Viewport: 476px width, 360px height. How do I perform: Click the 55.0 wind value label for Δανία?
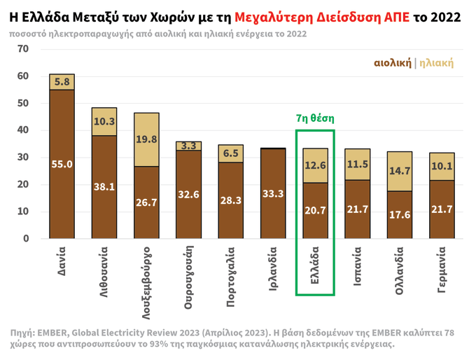pos(62,164)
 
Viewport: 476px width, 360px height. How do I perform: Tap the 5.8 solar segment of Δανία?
pos(62,82)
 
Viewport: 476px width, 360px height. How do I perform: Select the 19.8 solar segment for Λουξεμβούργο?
pos(146,139)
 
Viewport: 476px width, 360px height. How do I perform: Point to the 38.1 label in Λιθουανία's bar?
pos(104,187)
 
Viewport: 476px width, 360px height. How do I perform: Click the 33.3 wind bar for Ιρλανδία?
pos(273,194)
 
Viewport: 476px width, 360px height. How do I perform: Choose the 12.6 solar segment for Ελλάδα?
pos(315,165)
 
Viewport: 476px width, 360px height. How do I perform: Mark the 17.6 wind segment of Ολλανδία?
pos(400,214)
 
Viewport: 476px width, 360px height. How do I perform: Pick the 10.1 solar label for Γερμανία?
pos(442,167)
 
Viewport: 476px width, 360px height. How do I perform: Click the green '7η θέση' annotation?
pos(315,118)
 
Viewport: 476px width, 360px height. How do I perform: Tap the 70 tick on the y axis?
pos(24,49)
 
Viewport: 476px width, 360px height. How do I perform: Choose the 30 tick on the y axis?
pos(24,158)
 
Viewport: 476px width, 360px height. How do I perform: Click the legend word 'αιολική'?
pos(393,63)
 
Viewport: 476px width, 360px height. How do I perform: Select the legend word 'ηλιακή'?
pos(436,63)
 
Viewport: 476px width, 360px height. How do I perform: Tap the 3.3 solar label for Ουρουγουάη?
pos(188,146)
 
